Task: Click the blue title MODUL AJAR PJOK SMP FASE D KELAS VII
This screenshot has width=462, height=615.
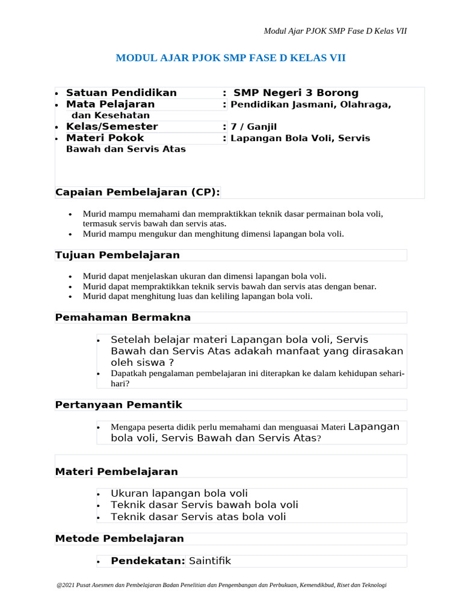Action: [230, 58]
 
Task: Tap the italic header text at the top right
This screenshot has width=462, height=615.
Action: [335, 31]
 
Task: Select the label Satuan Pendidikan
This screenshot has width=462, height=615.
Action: [121, 92]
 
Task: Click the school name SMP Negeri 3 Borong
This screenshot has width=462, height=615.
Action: [295, 92]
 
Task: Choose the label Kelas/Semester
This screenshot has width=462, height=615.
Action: [111, 127]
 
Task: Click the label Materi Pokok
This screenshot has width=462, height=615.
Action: [105, 138]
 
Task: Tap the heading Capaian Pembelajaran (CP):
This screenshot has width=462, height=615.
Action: [137, 192]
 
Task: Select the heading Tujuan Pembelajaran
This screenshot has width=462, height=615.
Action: [117, 255]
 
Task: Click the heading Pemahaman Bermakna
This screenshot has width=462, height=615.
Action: [123, 317]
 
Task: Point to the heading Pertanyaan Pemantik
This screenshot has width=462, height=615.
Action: [119, 405]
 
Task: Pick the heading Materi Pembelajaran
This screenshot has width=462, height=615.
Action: [116, 471]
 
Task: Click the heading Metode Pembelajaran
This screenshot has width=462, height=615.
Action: [119, 538]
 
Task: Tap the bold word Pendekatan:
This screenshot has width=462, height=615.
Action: [147, 561]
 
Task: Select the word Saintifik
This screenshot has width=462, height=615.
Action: [209, 561]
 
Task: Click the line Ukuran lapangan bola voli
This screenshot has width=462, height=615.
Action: [179, 494]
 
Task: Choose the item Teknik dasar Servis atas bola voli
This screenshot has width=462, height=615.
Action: [198, 517]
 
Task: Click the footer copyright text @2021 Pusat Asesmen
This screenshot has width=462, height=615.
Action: [221, 584]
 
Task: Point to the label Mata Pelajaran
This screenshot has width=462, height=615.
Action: [110, 105]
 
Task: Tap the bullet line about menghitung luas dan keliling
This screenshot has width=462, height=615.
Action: [197, 296]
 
